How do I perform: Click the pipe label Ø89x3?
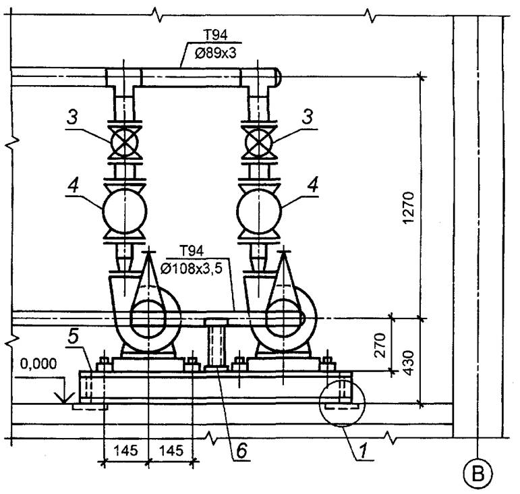coord(215,53)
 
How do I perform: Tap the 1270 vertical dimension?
coord(409,208)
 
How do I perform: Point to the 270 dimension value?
coord(380,346)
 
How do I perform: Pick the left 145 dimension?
coord(125,450)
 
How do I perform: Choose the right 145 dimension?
coord(171,450)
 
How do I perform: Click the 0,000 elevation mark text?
coord(38,364)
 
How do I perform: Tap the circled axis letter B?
coord(478,474)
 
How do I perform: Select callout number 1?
coord(363,450)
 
